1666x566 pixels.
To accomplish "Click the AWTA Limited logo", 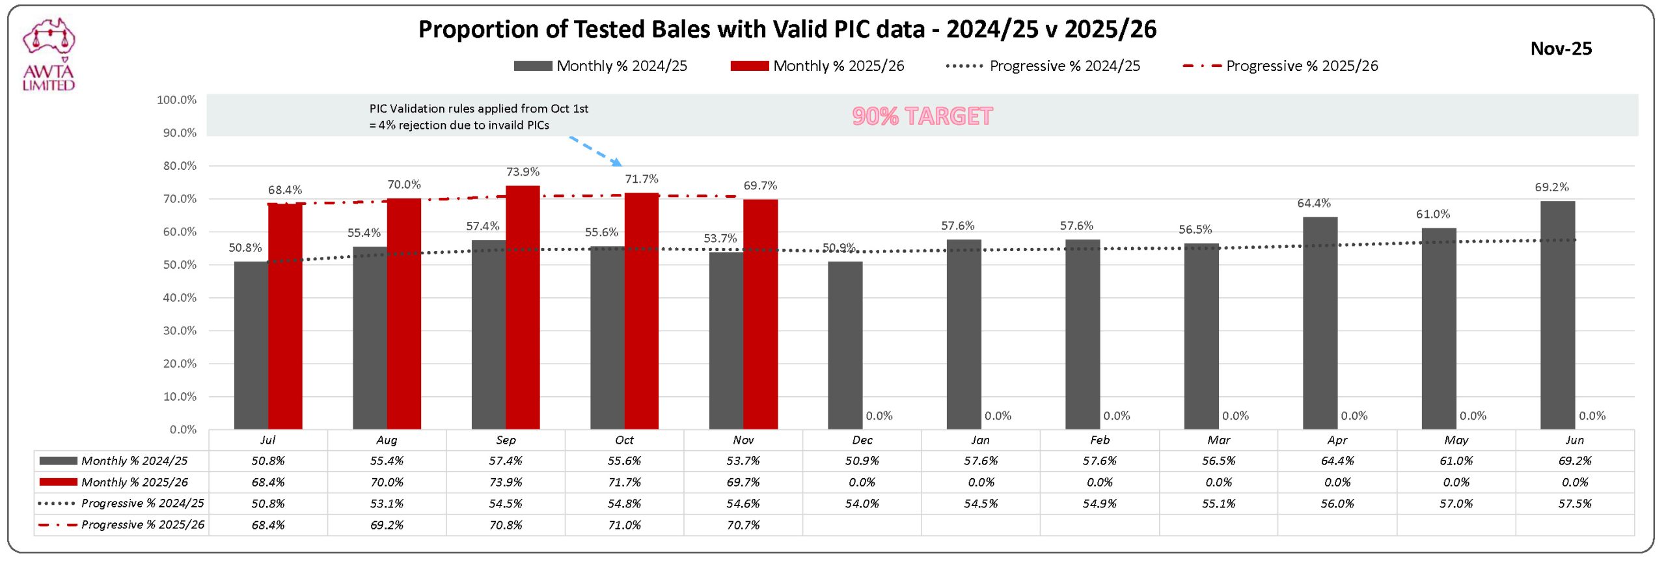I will point(49,55).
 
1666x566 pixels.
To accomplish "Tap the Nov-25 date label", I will point(1561,49).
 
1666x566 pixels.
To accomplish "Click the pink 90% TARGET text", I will point(922,116).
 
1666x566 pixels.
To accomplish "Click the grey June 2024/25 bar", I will point(1557,315).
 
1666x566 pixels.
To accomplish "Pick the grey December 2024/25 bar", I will point(845,345).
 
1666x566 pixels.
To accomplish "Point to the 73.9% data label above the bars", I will point(523,172).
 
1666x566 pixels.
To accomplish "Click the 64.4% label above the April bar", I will point(1314,203).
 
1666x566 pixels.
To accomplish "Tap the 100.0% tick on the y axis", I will point(176,100).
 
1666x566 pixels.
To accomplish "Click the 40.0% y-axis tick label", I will point(180,297).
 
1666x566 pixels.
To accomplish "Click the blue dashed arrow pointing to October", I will point(595,150).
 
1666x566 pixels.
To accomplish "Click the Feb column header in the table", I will point(1100,440).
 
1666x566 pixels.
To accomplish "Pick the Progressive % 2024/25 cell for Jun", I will point(1574,504).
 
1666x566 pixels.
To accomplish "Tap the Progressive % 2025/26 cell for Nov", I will point(743,525).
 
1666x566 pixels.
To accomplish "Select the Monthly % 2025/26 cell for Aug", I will point(387,482).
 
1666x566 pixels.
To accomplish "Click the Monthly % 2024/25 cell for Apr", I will point(1337,461).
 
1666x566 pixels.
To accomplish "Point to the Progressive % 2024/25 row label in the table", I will point(142,504).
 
